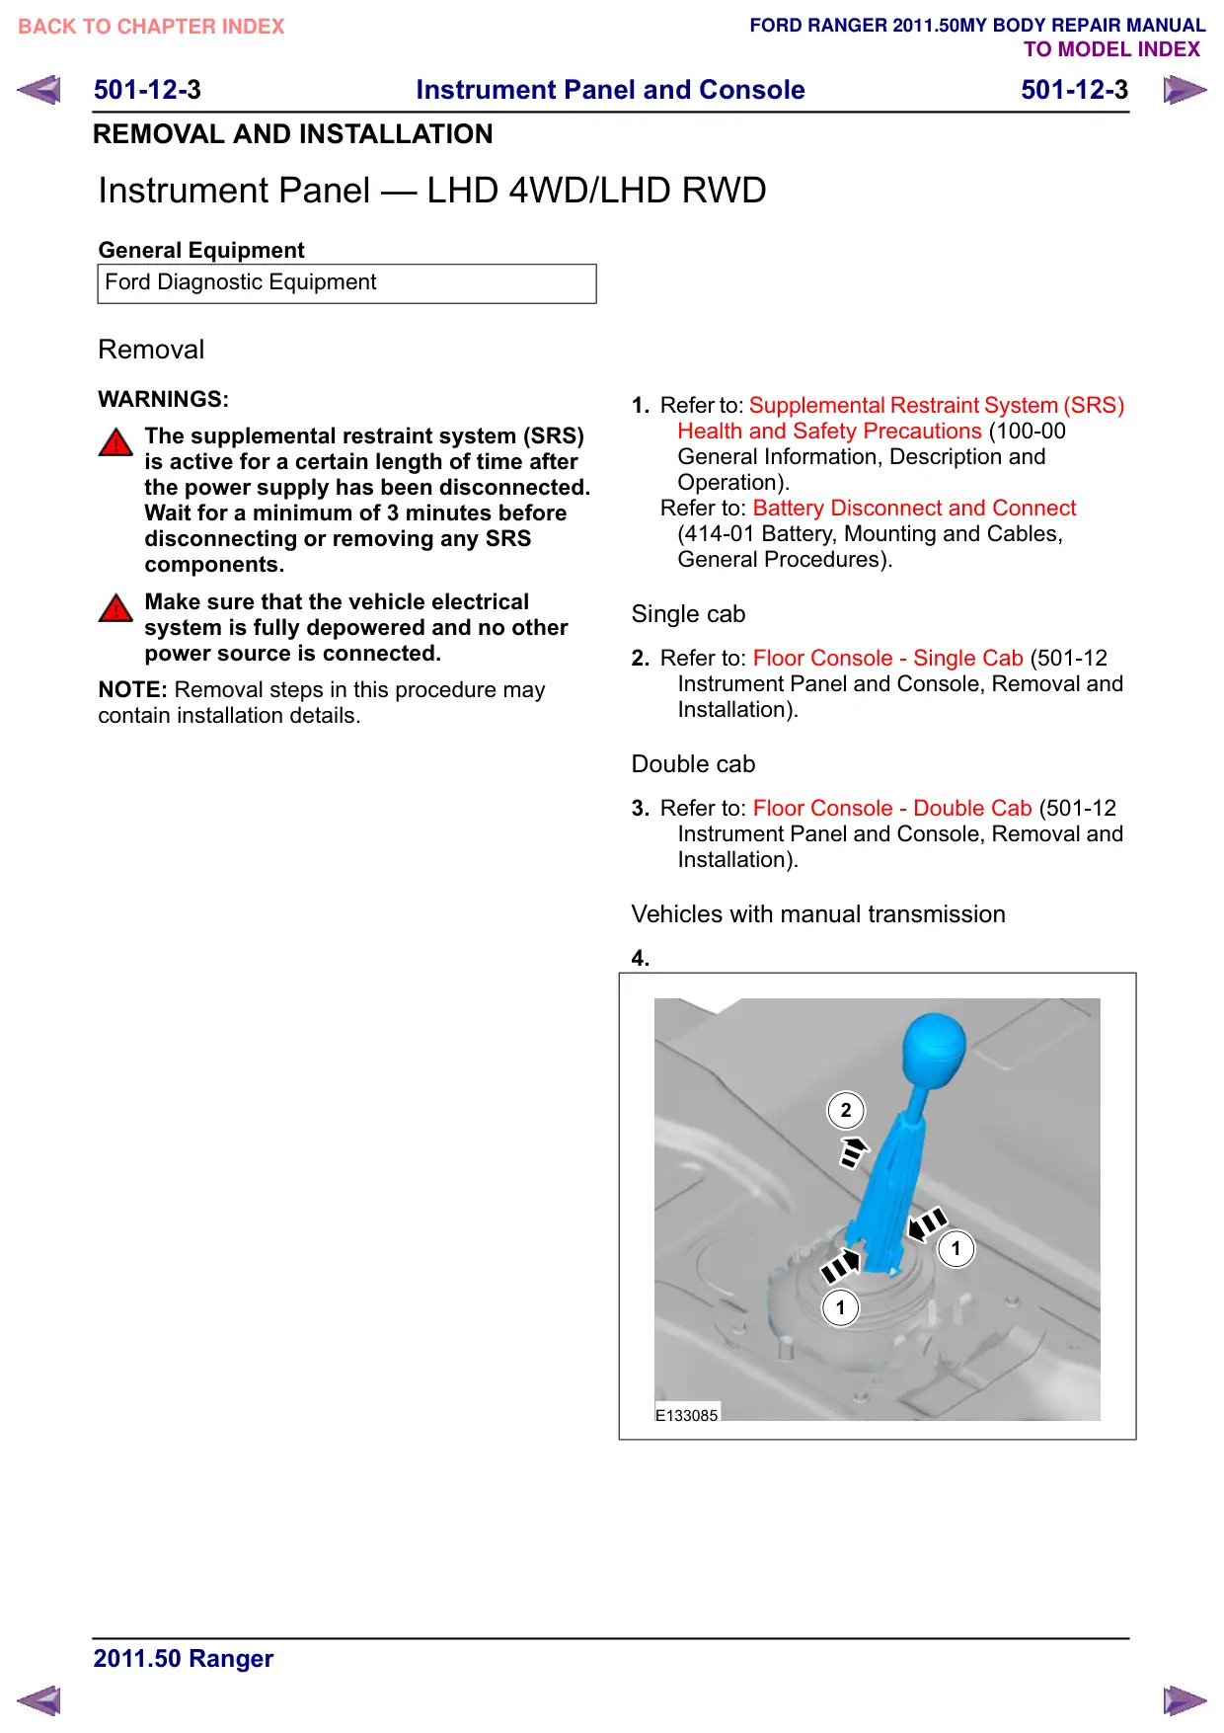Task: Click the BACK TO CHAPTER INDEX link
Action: [151, 27]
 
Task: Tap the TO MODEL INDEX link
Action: [1111, 49]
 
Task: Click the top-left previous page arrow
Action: [38, 90]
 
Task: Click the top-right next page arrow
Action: [1185, 90]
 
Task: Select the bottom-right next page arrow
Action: [1185, 1700]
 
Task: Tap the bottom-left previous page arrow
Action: [38, 1700]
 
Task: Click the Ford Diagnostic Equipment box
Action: [346, 283]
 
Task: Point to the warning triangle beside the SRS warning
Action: [115, 441]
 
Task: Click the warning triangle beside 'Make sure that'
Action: [115, 607]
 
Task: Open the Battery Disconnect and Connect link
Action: [914, 508]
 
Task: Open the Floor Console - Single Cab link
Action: [887, 658]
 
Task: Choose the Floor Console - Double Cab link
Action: [892, 808]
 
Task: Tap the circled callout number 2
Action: [846, 1110]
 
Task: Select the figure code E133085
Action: [687, 1415]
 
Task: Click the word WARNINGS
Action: [163, 399]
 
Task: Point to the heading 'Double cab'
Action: [693, 764]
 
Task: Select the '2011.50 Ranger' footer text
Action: [184, 1658]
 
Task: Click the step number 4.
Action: [641, 958]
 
